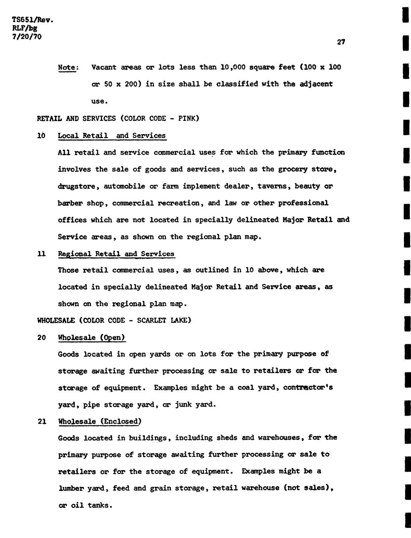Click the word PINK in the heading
[x=189, y=118]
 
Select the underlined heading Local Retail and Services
[x=112, y=136]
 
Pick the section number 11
[x=41, y=254]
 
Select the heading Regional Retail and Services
[x=116, y=254]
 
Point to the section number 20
[x=42, y=338]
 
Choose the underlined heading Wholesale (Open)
[x=92, y=338]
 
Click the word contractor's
[x=308, y=388]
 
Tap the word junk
[x=182, y=405]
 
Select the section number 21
[x=42, y=421]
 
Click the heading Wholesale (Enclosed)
[x=99, y=421]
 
